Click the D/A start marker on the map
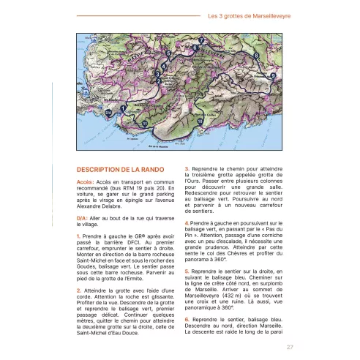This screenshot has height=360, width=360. point(108,113)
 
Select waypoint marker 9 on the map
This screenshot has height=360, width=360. point(273,75)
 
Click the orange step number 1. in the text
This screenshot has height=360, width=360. point(78,237)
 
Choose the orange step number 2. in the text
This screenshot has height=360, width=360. point(78,291)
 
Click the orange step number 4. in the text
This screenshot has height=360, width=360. point(187,222)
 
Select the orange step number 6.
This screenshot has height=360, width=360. point(187,318)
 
